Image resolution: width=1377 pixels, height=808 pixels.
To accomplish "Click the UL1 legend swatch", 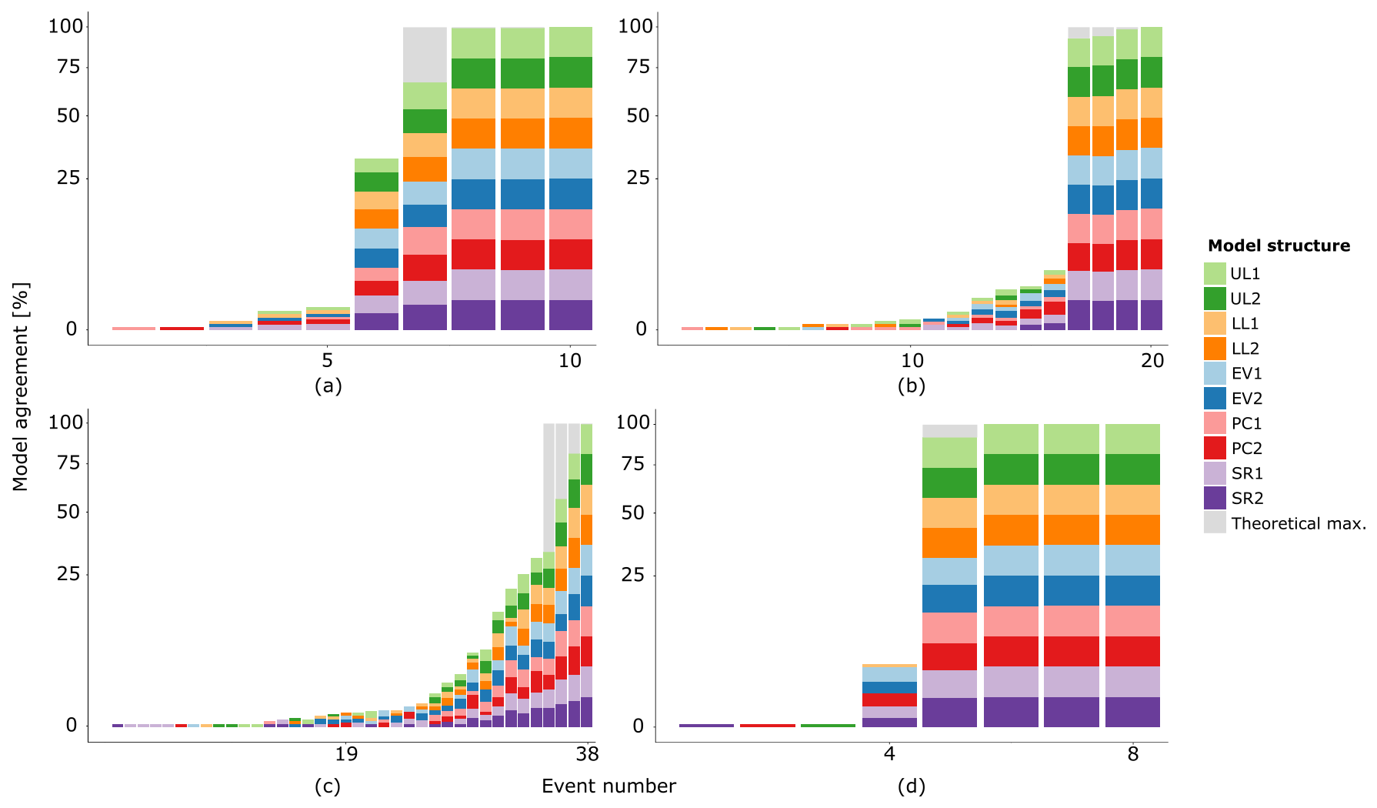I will (x=1215, y=274).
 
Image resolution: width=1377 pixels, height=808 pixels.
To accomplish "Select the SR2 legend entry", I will (x=1246, y=499).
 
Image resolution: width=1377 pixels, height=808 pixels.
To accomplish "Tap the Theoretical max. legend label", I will (x=1298, y=524).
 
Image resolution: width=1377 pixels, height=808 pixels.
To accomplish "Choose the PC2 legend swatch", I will (x=1215, y=449).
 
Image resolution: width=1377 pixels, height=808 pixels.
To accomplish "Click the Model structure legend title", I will (x=1279, y=246).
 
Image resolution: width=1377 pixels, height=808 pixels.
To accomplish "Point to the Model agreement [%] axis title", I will (x=20, y=386).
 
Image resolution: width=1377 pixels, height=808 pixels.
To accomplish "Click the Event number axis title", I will (x=608, y=786).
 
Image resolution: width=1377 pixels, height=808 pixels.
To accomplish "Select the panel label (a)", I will (x=328, y=386).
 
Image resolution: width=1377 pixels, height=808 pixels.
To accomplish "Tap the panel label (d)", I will (x=911, y=786).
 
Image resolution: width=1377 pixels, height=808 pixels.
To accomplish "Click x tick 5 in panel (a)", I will (x=328, y=360).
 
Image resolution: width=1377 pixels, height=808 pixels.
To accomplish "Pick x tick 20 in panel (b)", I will (x=1152, y=360).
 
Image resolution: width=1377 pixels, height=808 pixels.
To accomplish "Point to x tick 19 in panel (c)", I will (x=346, y=754).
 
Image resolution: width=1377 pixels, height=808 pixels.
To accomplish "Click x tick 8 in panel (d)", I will (x=1132, y=754).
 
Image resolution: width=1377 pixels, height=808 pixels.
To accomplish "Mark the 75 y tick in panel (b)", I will (x=638, y=67).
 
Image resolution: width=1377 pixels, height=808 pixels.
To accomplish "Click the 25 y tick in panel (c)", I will (x=68, y=574).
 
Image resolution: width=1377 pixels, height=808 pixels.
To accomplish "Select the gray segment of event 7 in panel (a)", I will (x=425, y=54).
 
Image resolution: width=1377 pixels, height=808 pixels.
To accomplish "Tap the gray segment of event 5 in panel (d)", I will (x=949, y=431).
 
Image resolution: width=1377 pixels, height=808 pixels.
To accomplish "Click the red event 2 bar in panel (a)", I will (x=182, y=329).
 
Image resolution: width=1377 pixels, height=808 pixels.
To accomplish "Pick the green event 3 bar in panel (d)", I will (x=828, y=726).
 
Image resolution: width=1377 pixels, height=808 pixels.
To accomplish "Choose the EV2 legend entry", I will (x=1246, y=399).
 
